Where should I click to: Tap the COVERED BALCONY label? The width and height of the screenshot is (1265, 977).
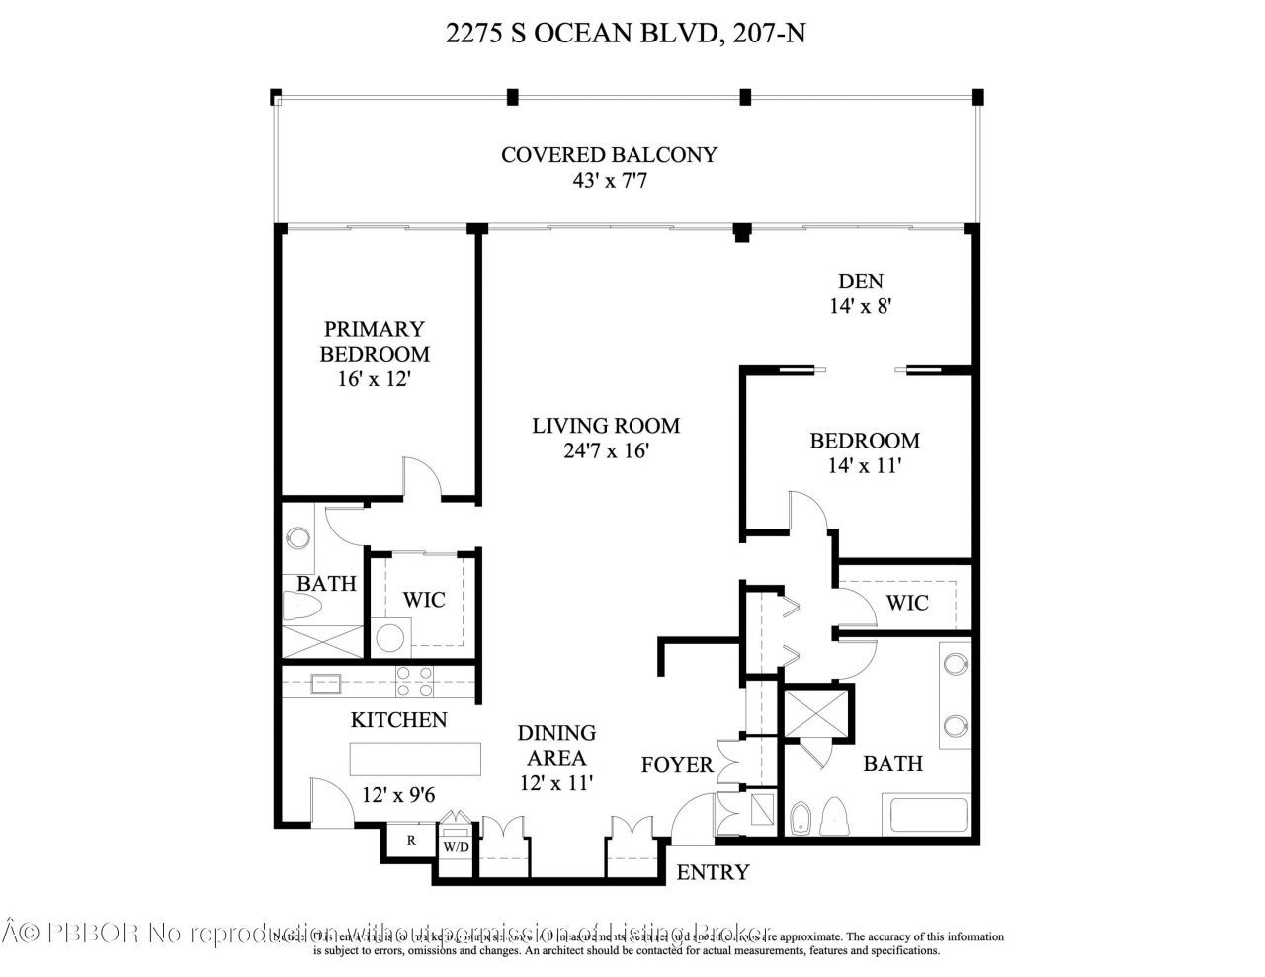pos(609,155)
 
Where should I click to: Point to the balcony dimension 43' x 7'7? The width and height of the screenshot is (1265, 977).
pos(609,182)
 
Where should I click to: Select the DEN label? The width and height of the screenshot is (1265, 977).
pos(861,281)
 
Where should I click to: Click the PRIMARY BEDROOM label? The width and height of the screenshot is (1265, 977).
pos(375,341)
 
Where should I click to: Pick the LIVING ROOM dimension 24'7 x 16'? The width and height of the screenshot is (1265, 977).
pos(606,451)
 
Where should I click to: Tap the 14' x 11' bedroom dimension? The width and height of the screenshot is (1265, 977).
pos(865,466)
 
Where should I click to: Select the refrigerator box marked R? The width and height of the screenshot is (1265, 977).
pos(410,841)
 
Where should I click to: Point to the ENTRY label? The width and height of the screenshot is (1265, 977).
pos(713,873)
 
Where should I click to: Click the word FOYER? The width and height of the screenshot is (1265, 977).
pos(677,765)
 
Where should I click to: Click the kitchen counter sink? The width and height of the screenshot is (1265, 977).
pos(325,684)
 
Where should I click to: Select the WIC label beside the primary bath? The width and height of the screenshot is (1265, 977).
pos(423,600)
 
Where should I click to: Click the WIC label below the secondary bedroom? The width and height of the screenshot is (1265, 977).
pos(907,602)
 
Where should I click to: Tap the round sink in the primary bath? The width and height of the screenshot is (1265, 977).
pos(296,538)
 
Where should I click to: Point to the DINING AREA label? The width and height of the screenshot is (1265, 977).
pos(557,745)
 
